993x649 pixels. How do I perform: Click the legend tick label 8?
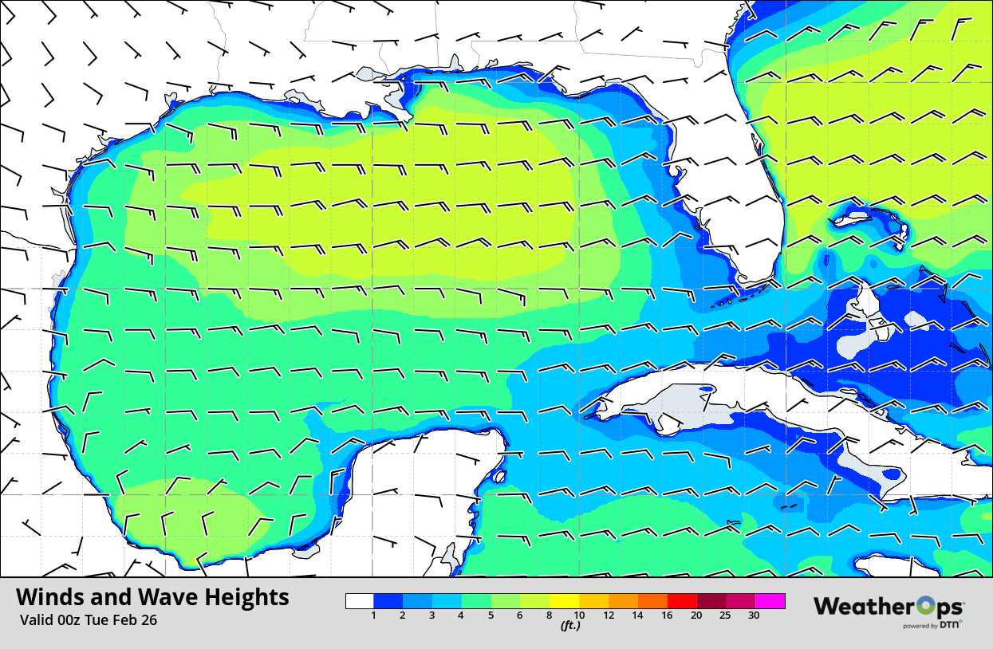550,616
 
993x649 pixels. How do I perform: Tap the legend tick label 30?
754,616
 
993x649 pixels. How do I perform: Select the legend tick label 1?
374,616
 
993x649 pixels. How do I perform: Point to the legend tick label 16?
667,616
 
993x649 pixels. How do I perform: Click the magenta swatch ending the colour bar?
770,601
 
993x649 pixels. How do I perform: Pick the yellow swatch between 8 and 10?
565,601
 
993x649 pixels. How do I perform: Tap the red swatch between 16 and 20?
682,601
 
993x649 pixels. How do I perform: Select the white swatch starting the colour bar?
360,601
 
